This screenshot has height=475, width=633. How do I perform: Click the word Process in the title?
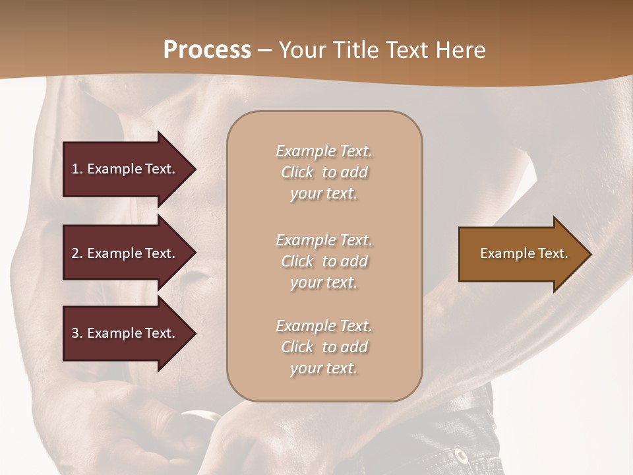[207, 50]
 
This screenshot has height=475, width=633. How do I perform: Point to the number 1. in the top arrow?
[76, 169]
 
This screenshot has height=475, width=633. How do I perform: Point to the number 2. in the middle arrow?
[76, 253]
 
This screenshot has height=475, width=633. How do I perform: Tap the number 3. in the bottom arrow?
[76, 333]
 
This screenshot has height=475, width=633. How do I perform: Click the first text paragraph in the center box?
[324, 172]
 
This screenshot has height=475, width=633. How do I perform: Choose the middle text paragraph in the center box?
[324, 261]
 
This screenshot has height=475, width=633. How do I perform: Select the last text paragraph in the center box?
[324, 347]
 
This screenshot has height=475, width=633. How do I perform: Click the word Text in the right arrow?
[554, 253]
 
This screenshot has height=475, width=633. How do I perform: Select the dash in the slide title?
[264, 51]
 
